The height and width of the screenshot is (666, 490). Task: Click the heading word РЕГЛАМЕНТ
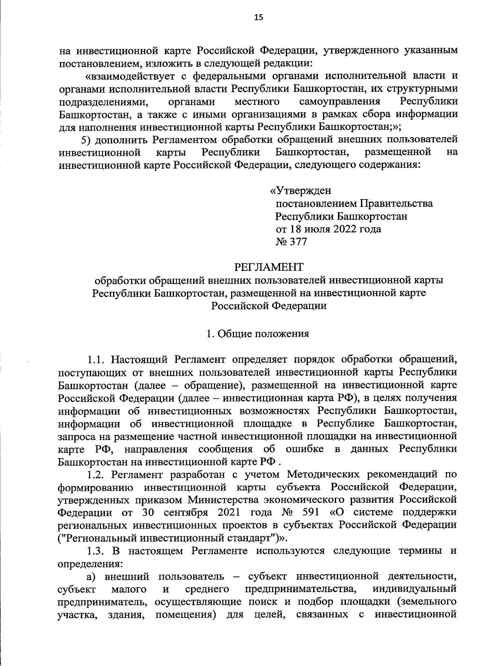pos(269,267)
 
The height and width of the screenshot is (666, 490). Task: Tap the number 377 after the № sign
pos(298,242)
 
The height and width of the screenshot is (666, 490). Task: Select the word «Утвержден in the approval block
pos(301,191)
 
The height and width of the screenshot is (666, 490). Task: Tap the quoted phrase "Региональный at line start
pos(98,537)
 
